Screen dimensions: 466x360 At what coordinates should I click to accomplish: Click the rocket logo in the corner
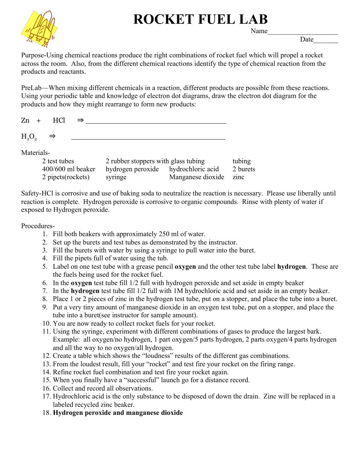click(40, 29)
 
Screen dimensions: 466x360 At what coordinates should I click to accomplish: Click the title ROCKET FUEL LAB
click(200, 19)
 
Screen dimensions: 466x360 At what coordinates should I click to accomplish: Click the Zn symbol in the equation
click(25, 120)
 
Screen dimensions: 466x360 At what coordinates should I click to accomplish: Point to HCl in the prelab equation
click(59, 120)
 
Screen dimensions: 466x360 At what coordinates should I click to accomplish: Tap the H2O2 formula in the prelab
click(29, 137)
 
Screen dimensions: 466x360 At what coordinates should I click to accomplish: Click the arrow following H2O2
click(52, 136)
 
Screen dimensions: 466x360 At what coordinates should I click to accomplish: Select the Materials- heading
click(36, 153)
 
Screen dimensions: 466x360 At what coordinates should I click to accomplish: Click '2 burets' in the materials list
click(244, 169)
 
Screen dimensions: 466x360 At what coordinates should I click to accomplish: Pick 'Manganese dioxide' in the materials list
click(197, 177)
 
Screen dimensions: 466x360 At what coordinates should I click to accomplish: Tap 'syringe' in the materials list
click(116, 177)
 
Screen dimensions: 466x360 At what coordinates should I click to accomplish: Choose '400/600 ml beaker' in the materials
click(69, 169)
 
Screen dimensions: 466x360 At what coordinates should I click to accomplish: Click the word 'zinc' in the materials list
click(238, 177)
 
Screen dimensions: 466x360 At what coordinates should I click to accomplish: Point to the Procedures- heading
click(38, 226)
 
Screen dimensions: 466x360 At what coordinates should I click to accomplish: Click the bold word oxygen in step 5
click(185, 266)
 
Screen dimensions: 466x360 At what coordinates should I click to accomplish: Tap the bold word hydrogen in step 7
click(85, 291)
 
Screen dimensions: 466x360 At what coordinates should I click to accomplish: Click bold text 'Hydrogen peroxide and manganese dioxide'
click(118, 413)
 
